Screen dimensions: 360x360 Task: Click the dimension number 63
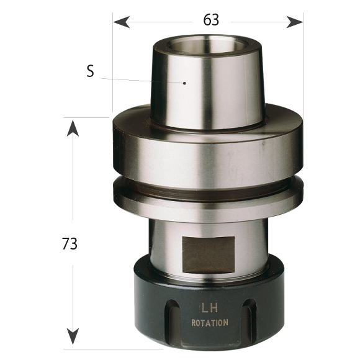click(x=211, y=20)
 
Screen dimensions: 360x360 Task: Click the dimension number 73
click(x=70, y=243)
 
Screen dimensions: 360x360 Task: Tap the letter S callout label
click(x=90, y=71)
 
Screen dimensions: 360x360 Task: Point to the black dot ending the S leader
click(x=184, y=83)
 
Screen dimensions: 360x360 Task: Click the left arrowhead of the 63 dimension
click(x=122, y=22)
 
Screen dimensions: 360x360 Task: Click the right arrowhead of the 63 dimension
click(x=295, y=22)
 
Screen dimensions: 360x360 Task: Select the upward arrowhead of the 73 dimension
click(x=73, y=128)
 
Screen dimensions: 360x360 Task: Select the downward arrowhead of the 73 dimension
click(x=73, y=336)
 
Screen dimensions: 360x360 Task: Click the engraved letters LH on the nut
click(x=210, y=308)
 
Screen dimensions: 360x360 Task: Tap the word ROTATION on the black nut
click(x=210, y=323)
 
